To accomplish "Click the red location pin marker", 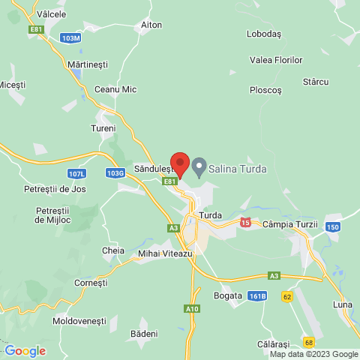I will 179,163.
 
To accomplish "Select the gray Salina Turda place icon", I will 199,166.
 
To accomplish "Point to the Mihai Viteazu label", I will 166,254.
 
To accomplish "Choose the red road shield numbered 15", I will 245,223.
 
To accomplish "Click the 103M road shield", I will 71,37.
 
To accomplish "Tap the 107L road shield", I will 76,173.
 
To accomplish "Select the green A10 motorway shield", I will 192,308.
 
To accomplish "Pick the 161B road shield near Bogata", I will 258,295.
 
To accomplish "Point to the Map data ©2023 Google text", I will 313,354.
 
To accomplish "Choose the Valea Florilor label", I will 276,60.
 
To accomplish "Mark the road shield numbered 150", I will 333,226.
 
